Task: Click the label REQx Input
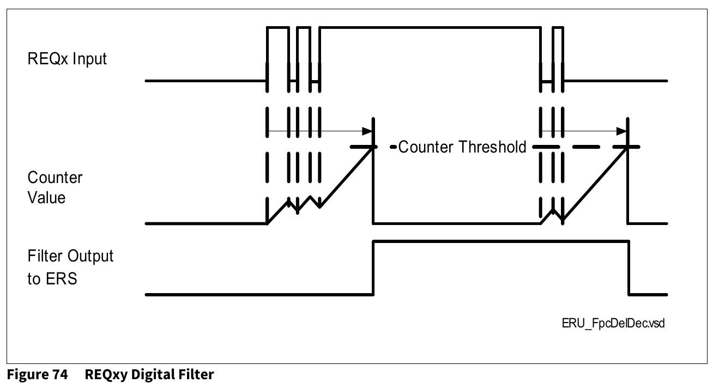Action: point(67,59)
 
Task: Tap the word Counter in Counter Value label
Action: point(55,178)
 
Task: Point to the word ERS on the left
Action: point(63,279)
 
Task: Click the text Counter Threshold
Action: point(462,147)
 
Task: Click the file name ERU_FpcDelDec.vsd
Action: point(613,323)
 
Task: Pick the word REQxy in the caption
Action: point(107,375)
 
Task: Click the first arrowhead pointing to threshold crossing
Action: point(368,131)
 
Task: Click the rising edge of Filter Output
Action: point(373,267)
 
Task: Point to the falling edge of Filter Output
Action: point(629,267)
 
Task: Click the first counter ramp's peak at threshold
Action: point(373,148)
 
